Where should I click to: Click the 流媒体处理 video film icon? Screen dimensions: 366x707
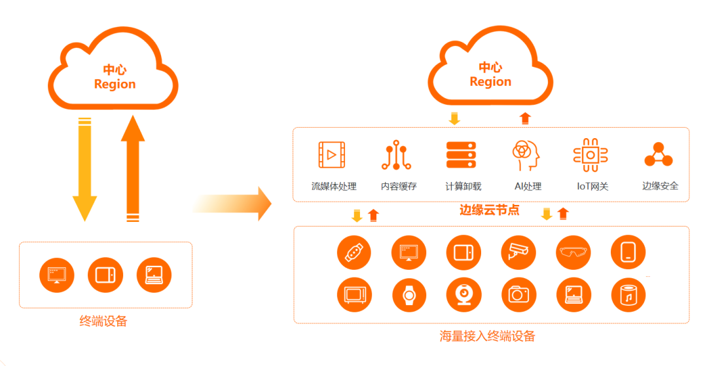(332, 155)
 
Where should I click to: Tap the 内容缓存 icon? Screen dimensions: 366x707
(397, 155)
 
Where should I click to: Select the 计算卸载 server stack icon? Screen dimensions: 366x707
(461, 155)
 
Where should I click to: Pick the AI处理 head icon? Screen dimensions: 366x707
(526, 155)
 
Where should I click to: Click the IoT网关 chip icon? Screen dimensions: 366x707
(590, 155)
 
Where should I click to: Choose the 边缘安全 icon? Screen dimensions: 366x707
(659, 155)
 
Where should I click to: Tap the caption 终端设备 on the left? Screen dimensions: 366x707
(103, 321)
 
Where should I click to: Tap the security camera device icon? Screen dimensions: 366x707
(519, 251)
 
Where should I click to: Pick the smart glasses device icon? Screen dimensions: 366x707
(573, 251)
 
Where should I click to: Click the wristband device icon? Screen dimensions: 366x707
(354, 251)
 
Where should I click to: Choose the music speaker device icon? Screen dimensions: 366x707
(628, 295)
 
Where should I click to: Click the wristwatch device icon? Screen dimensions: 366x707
(409, 295)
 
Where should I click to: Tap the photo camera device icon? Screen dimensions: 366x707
(519, 295)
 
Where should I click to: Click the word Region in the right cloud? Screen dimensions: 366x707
(490, 82)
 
